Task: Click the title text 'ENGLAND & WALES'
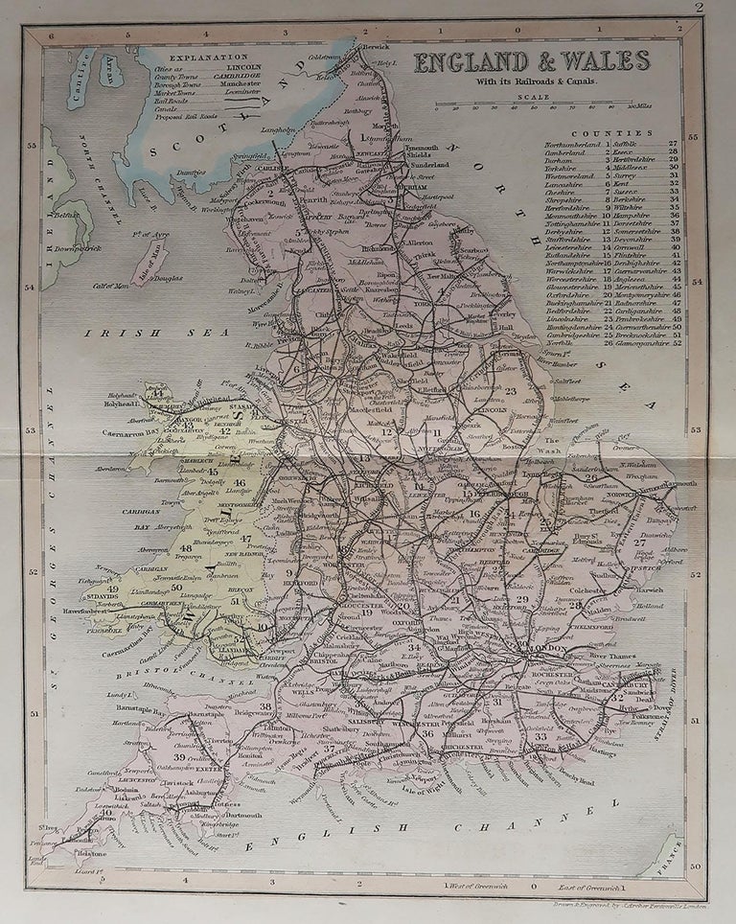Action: coord(532,61)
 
